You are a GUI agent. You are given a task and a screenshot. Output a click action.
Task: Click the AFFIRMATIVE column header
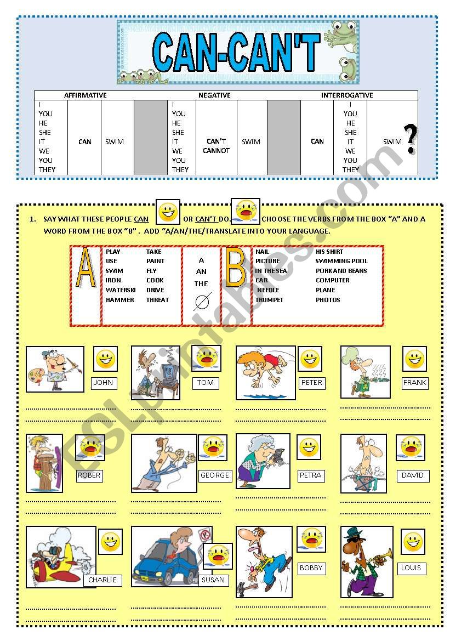point(85,95)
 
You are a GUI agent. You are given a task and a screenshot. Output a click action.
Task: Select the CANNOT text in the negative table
point(217,151)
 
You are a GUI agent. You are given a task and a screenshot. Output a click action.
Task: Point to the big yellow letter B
point(236,268)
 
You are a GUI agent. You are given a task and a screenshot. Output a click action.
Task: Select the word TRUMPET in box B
point(269,300)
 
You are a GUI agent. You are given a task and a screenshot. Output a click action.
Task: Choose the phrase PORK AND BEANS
point(341,271)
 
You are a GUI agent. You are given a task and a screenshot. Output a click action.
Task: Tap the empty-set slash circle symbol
point(202,302)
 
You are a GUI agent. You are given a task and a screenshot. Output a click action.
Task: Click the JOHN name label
point(103,383)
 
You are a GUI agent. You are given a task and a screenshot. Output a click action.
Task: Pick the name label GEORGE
point(214,475)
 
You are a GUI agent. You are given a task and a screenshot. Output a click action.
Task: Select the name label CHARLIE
point(102,580)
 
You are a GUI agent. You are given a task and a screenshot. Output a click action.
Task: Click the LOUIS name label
point(411,568)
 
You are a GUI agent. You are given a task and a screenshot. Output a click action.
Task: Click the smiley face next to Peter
point(310,360)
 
